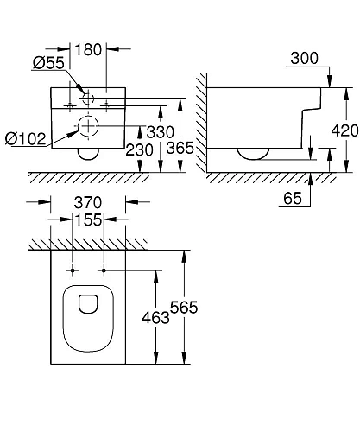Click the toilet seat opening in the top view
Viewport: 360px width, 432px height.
click(86, 304)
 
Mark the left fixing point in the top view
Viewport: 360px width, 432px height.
click(69, 270)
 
